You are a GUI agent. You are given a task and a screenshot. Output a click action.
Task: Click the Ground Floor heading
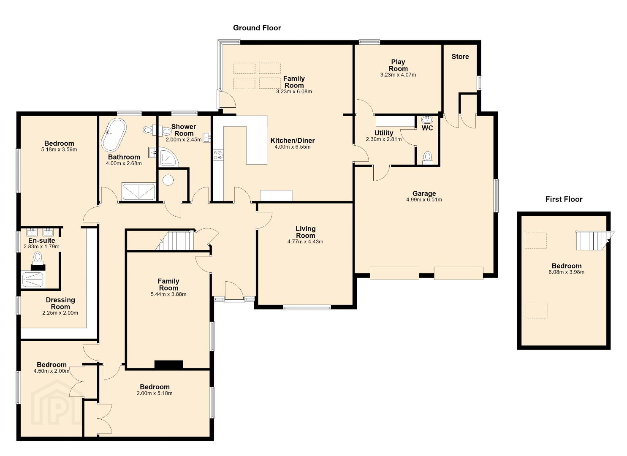click(257, 28)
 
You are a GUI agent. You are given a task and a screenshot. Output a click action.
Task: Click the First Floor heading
click(564, 199)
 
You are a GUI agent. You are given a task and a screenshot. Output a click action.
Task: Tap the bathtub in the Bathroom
click(114, 135)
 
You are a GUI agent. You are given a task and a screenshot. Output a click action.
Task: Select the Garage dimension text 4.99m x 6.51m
click(424, 200)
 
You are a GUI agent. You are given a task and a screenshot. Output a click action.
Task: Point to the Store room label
click(460, 57)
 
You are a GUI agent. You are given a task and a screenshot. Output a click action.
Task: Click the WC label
click(427, 128)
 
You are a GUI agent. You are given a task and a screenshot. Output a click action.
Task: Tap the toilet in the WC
click(427, 157)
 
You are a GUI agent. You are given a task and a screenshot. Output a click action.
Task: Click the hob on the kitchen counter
click(218, 155)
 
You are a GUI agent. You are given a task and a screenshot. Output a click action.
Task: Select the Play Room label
click(398, 65)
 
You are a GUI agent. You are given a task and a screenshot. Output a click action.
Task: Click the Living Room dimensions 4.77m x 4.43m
click(305, 242)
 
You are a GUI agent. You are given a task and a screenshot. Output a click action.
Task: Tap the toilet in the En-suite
click(38, 258)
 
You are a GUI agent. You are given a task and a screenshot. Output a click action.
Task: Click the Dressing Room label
click(60, 304)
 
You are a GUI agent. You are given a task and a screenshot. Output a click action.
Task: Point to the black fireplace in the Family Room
click(168, 364)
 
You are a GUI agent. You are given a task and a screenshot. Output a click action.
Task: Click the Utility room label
click(384, 133)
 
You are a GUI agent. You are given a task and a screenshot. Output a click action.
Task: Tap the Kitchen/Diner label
click(293, 141)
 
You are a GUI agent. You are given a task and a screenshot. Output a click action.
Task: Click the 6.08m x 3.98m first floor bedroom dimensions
click(566, 272)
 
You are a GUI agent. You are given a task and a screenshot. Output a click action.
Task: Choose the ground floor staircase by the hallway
click(176, 240)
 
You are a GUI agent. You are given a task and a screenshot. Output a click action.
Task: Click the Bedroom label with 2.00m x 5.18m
click(155, 387)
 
